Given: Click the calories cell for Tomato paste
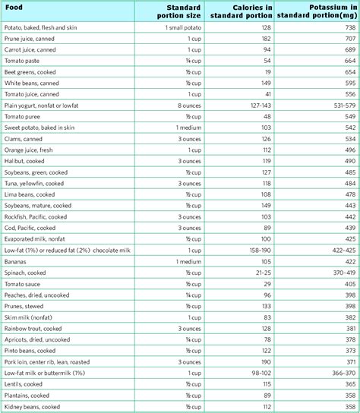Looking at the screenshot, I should click(x=267, y=60).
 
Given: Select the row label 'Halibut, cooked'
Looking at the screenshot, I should click(x=29, y=162).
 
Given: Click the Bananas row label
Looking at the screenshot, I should click(x=19, y=261).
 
